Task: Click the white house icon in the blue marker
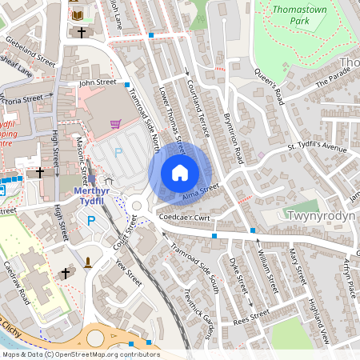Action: pyautogui.click(x=180, y=173)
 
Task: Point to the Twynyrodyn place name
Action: pyautogui.click(x=319, y=216)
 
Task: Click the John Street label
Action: pyautogui.click(x=98, y=82)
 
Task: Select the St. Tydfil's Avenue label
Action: pyautogui.click(x=317, y=148)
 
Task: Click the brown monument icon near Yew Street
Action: pyautogui.click(x=87, y=262)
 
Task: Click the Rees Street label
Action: pyautogui.click(x=252, y=316)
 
